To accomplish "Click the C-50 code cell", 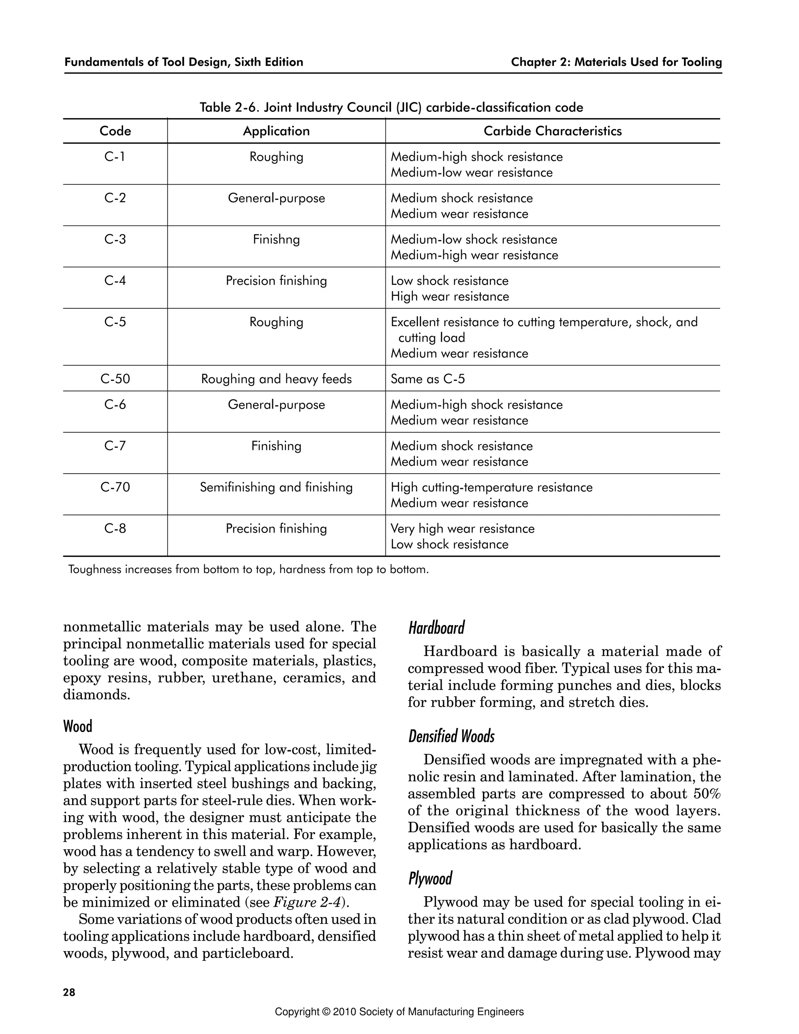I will (x=115, y=379).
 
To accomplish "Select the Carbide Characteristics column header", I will (x=552, y=131).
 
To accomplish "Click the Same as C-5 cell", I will (x=428, y=379).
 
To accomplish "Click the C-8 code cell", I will (x=115, y=528).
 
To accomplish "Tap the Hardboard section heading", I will (x=437, y=628).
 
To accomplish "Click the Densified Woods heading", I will (x=451, y=736).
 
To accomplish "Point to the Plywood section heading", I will (x=430, y=878).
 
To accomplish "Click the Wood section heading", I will (x=78, y=726).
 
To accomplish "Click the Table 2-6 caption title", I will (x=391, y=107).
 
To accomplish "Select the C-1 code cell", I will (x=115, y=157).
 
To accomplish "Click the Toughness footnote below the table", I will (x=248, y=570).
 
